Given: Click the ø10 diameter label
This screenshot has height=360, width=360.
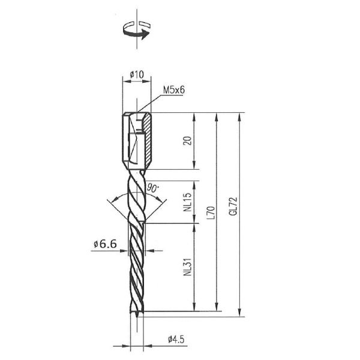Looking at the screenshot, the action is pyautogui.click(x=137, y=74).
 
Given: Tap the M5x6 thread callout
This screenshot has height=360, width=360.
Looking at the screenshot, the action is pyautogui.click(x=174, y=90).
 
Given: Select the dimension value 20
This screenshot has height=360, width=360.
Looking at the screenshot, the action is pyautogui.click(x=188, y=141).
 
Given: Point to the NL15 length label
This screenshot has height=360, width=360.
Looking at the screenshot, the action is pyautogui.click(x=188, y=202).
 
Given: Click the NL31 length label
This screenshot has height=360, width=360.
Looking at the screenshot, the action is pyautogui.click(x=188, y=267).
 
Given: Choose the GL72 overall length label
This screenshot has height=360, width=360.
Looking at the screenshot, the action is pyautogui.click(x=233, y=206).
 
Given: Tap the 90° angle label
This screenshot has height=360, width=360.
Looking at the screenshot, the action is pyautogui.click(x=152, y=188).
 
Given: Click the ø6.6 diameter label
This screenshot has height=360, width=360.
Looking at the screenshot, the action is pyautogui.click(x=105, y=244).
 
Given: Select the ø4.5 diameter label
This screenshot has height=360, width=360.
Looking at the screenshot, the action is pyautogui.click(x=176, y=339).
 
